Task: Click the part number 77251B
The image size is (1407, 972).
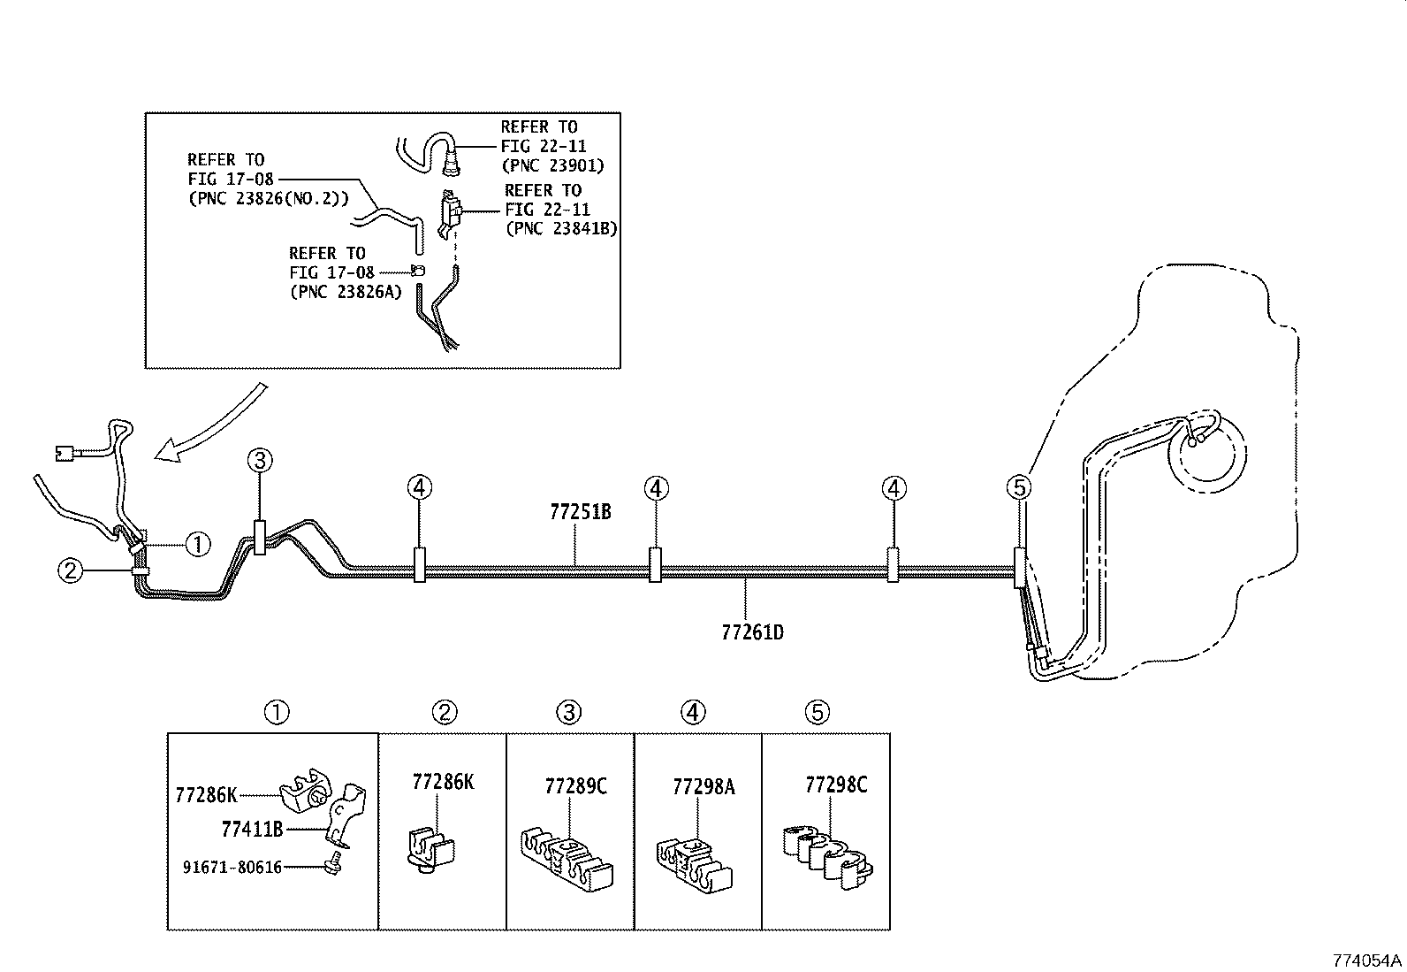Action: [580, 512]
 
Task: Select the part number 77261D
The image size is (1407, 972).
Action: [752, 632]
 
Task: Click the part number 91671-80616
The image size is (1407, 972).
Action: [232, 868]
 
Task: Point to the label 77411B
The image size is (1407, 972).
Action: [252, 829]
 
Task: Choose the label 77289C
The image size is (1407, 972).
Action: [575, 786]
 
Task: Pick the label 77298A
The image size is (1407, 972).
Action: [703, 786]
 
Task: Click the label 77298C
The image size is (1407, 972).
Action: [836, 784]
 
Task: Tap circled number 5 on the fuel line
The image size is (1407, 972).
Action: [1019, 486]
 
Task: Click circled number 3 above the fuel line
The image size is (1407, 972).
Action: [260, 459]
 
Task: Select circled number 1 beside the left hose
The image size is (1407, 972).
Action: [198, 544]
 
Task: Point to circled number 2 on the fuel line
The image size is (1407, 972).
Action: [70, 570]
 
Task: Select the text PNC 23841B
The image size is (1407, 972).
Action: [560, 228]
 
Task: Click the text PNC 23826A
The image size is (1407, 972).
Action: [346, 292]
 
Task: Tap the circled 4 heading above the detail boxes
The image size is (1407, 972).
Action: [693, 712]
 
